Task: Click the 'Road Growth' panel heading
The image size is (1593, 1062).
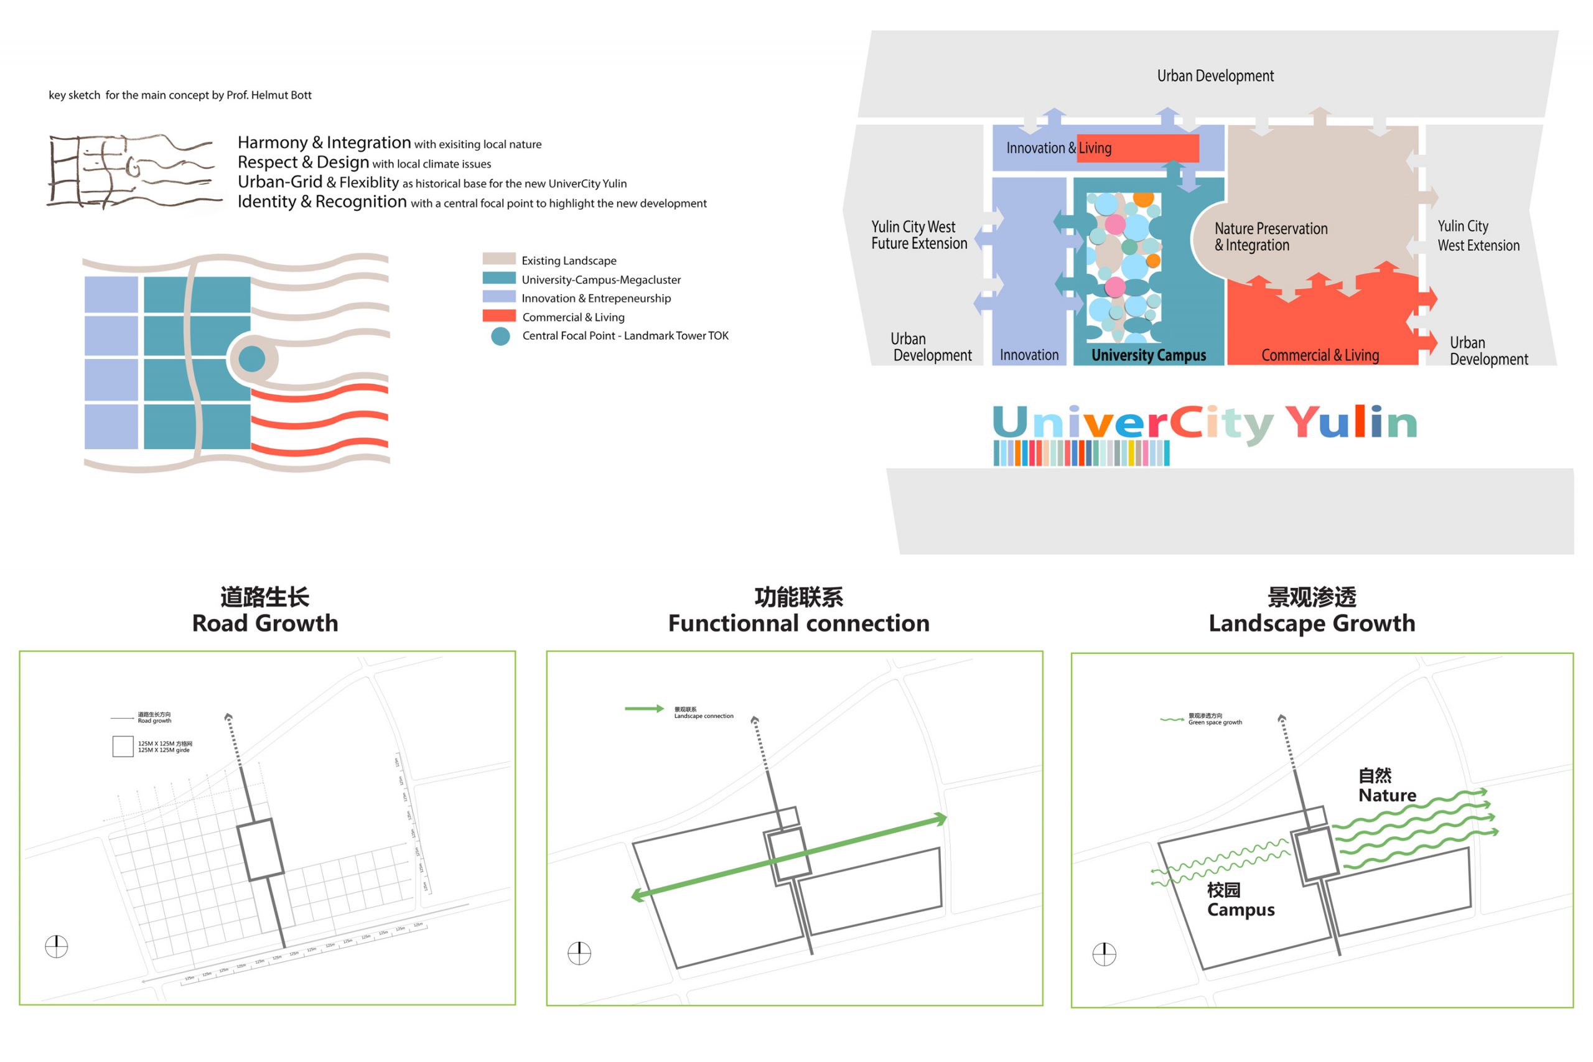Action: (x=265, y=622)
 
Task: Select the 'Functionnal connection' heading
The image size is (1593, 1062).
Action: (x=798, y=622)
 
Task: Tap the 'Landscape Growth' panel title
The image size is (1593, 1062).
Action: (x=1312, y=622)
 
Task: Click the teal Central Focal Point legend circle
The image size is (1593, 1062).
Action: (x=500, y=336)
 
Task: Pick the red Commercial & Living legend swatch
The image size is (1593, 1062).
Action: (x=499, y=316)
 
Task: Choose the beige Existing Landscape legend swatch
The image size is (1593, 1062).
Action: (x=499, y=259)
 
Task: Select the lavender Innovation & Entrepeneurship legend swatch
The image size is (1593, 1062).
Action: (x=499, y=297)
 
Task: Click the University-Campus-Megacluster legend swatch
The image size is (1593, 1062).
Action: (x=499, y=278)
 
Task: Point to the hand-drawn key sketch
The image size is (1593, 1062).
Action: (x=132, y=170)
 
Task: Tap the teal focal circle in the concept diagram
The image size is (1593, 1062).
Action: (x=252, y=359)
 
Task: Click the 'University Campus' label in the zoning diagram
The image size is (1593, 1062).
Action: (x=1149, y=355)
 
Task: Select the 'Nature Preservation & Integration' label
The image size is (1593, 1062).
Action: (x=1271, y=236)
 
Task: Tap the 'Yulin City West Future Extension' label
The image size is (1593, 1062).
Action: (x=919, y=235)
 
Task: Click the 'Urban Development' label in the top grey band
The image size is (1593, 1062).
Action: (x=1215, y=76)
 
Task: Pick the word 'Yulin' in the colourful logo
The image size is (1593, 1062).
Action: (x=1350, y=422)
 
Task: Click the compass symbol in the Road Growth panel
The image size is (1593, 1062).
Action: (x=56, y=946)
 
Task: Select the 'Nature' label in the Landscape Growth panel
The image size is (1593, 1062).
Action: (x=1387, y=795)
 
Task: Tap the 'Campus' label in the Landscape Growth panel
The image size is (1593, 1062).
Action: (x=1241, y=910)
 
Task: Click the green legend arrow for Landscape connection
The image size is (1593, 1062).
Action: (x=644, y=709)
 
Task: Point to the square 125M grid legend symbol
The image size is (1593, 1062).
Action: (x=123, y=747)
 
